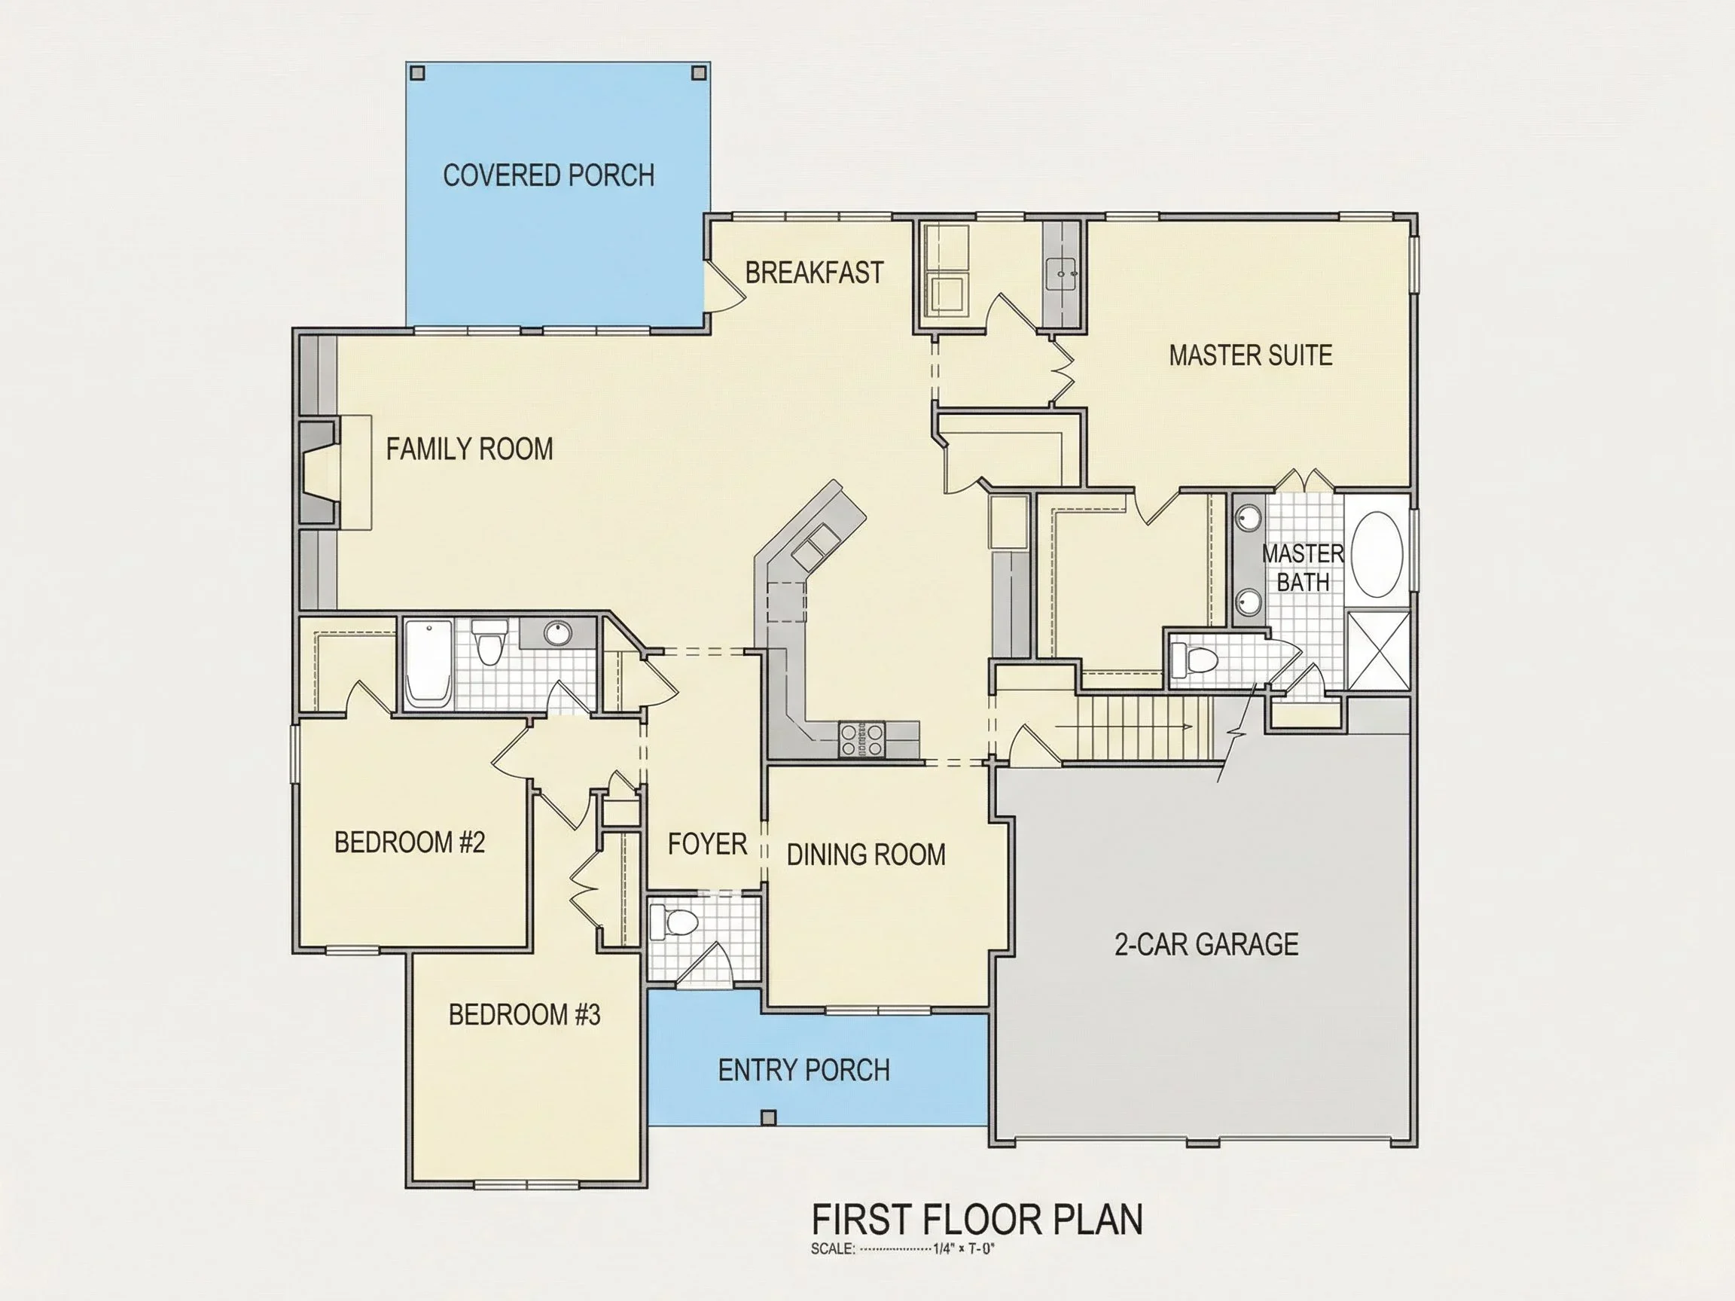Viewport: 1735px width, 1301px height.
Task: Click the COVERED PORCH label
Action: coord(548,175)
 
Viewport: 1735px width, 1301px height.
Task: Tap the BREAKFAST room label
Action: coord(814,273)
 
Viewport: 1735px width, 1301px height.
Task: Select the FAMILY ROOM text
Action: coord(469,449)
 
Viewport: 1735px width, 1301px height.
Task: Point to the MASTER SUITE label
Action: coord(1250,355)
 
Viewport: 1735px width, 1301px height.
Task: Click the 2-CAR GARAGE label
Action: coord(1206,944)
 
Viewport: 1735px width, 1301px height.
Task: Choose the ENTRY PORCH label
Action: coord(804,1071)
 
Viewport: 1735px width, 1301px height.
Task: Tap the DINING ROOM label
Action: coord(866,855)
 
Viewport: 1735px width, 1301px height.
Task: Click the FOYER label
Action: coord(706,845)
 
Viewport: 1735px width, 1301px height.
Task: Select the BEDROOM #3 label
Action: coord(524,1015)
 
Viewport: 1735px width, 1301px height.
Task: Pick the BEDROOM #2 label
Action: coord(410,842)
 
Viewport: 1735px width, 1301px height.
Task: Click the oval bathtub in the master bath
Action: coord(1377,555)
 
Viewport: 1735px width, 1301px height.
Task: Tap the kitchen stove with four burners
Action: coord(862,739)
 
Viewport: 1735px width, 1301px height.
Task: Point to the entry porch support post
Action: coord(769,1117)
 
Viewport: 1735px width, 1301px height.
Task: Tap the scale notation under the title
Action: coord(902,1249)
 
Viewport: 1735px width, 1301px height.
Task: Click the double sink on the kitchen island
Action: coord(813,547)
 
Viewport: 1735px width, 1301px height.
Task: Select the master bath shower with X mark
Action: coord(1378,651)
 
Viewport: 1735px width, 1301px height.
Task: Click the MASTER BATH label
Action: coord(1303,568)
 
